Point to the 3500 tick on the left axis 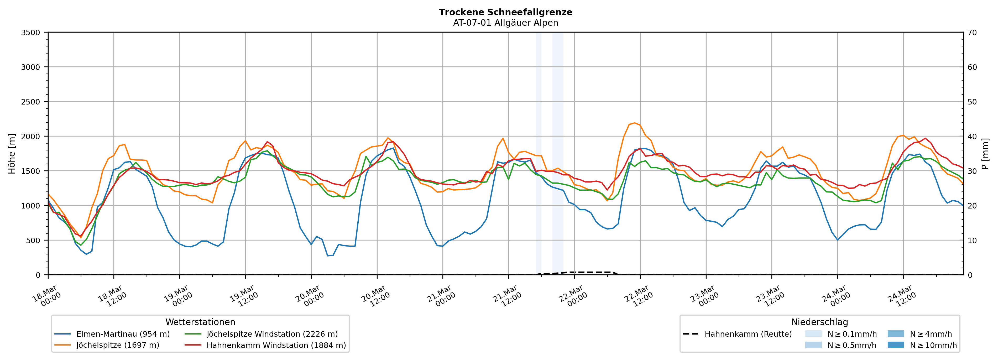pyautogui.click(x=31, y=33)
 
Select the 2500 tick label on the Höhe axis pyautogui.click(x=31, y=102)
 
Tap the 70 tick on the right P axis pyautogui.click(x=973, y=33)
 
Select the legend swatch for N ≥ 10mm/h pyautogui.click(x=896, y=345)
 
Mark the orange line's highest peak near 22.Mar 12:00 pyautogui.click(x=634, y=123)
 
